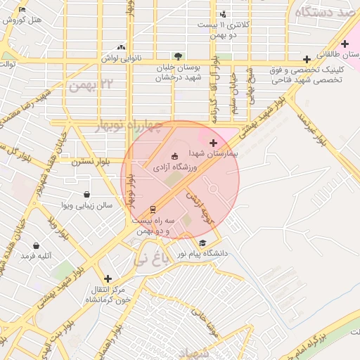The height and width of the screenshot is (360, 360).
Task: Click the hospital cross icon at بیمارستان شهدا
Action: click(213, 143)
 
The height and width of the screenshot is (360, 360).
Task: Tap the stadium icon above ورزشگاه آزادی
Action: click(175, 156)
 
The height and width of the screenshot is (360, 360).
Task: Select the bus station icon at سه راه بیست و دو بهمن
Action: click(153, 210)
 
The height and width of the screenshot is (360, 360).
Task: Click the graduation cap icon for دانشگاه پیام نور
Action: click(202, 243)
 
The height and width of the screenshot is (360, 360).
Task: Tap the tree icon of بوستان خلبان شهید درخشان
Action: click(178, 56)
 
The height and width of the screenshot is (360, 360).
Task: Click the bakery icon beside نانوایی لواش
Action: click(122, 47)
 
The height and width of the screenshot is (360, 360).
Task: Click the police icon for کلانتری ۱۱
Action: click(223, 14)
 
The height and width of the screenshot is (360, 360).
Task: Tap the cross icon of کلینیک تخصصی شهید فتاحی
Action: click(306, 59)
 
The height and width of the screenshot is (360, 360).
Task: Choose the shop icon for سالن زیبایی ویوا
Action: click(86, 195)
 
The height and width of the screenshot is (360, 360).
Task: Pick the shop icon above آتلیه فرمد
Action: click(36, 246)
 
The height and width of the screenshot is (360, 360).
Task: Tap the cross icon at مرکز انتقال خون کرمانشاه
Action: click(107, 278)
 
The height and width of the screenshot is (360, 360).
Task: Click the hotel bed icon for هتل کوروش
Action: click(22, 10)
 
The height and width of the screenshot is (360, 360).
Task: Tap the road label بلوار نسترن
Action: click(89, 160)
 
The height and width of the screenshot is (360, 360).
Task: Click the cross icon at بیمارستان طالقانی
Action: click(345, 44)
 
